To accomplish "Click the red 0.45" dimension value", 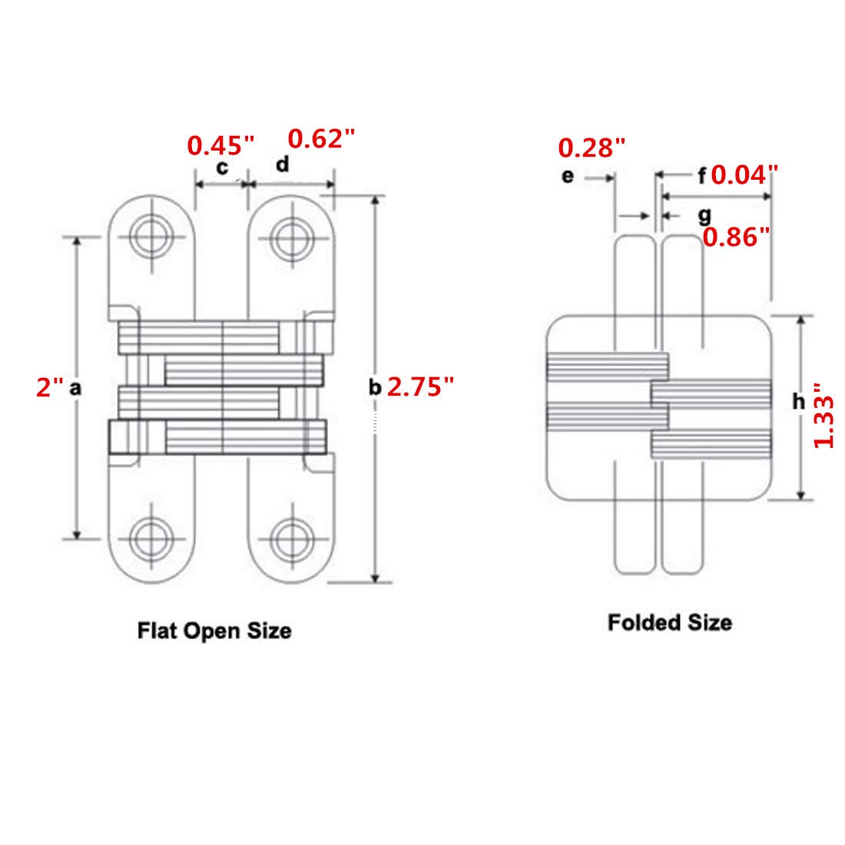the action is (220, 145).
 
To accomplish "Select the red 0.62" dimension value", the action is (322, 138).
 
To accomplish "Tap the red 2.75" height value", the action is (421, 386).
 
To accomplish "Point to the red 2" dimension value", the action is (49, 387).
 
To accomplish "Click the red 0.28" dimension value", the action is (591, 147).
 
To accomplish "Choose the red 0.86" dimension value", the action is (737, 237).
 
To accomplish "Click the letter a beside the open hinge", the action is (75, 388).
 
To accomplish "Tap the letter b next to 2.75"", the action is (375, 387).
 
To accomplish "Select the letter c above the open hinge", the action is (222, 168).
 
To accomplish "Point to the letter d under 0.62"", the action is (283, 164).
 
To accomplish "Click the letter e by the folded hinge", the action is (568, 176).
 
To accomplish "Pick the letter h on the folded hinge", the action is (799, 401).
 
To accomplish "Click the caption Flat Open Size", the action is (214, 631).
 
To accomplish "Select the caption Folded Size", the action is (670, 622).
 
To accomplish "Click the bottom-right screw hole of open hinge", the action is (292, 538).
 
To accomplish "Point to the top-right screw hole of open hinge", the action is (292, 237).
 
